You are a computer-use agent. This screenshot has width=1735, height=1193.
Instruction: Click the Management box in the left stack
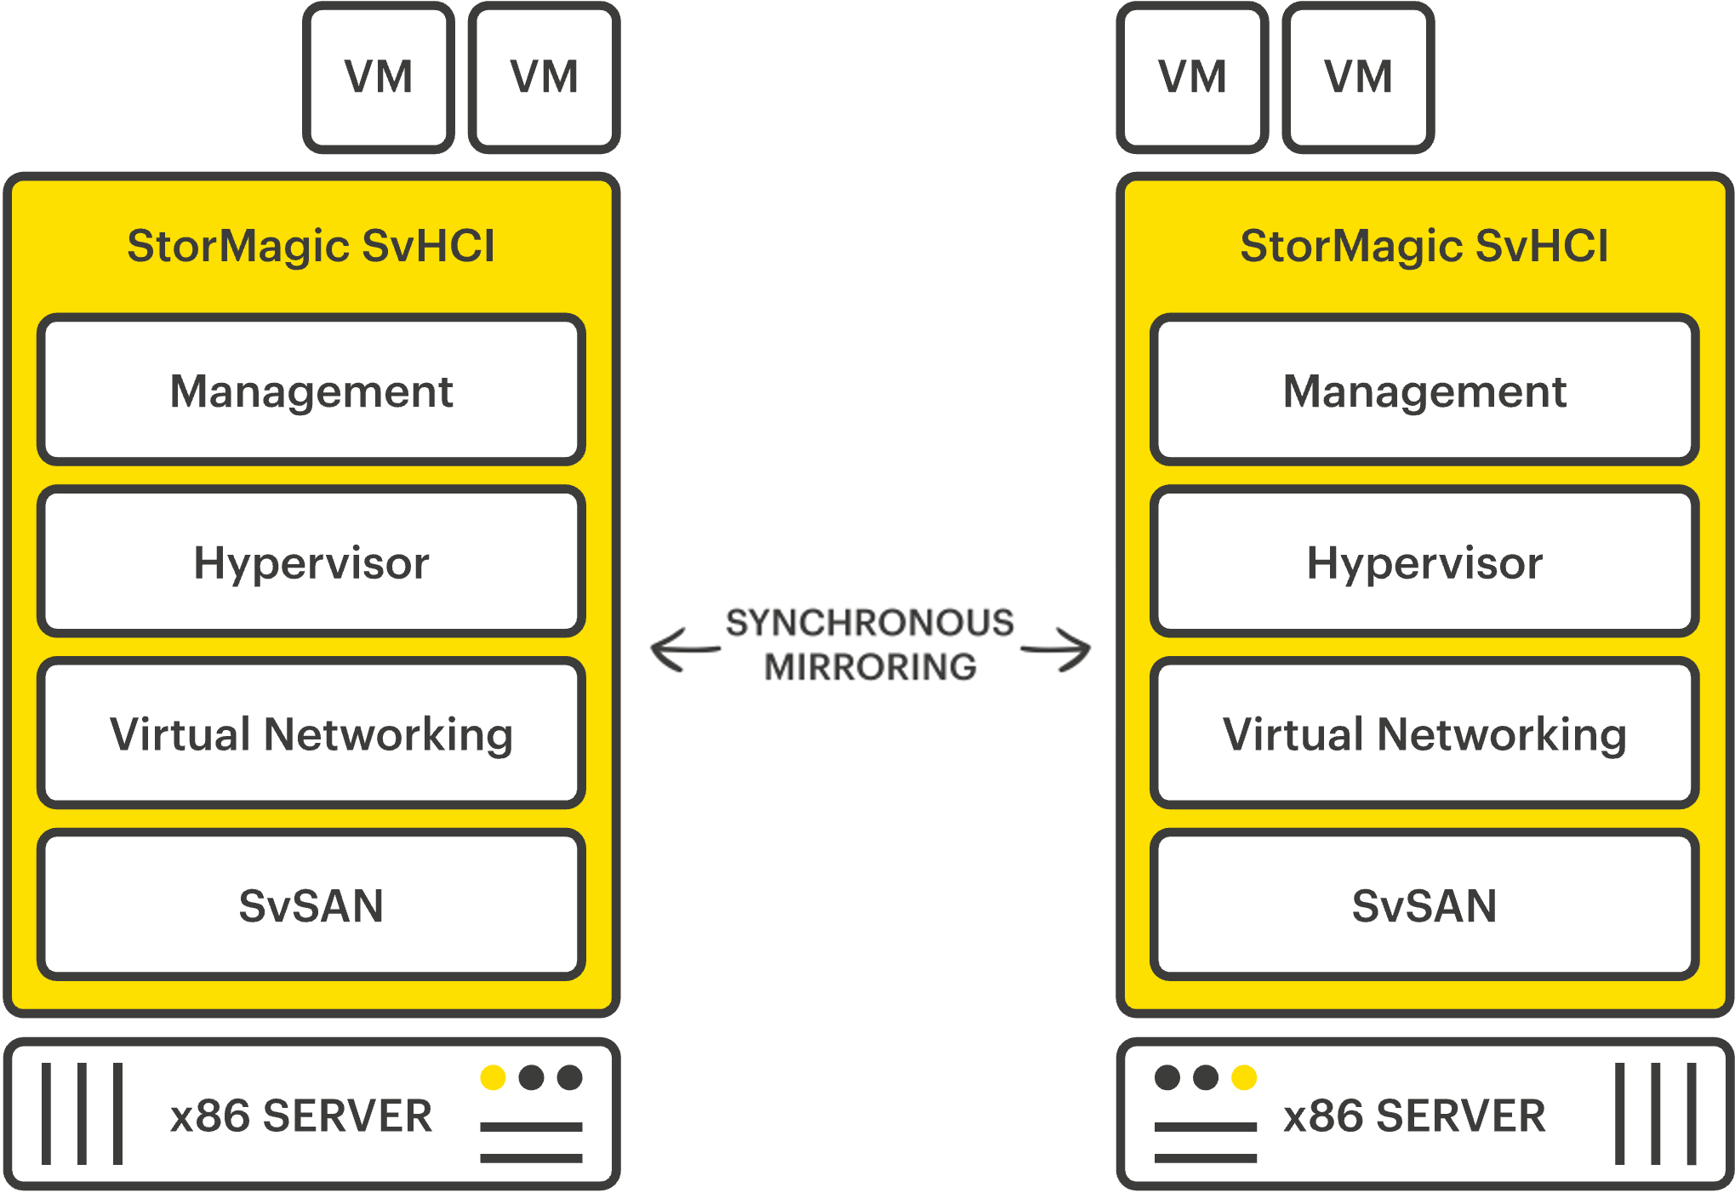[x=311, y=391]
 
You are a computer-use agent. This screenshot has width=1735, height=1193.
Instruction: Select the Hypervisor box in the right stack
[x=1424, y=562]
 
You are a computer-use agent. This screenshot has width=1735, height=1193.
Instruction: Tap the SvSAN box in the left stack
[x=311, y=905]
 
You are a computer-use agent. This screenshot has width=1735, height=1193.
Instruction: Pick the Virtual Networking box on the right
[x=1424, y=733]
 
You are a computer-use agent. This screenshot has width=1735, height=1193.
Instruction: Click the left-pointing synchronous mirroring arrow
[x=684, y=650]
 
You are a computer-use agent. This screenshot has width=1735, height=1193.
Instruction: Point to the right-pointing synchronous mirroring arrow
[x=1056, y=650]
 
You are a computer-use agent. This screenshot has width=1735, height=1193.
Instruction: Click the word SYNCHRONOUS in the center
[x=869, y=623]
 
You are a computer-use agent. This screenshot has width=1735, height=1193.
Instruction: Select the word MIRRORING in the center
[x=870, y=667]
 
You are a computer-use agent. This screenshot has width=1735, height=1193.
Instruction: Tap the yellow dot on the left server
[x=493, y=1077]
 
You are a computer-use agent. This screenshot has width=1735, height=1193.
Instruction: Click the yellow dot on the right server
[x=1243, y=1077]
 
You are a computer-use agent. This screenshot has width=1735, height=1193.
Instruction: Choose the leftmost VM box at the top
[x=379, y=77]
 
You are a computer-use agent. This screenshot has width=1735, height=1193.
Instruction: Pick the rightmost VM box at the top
[x=1358, y=77]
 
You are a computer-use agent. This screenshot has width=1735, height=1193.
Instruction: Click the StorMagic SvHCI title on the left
[x=311, y=246]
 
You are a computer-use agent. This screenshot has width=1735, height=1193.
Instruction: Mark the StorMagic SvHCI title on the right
[x=1424, y=246]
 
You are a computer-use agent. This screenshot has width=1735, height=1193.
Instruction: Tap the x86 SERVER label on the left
[x=301, y=1116]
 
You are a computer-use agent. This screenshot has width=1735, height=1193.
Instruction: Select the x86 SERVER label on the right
[x=1414, y=1116]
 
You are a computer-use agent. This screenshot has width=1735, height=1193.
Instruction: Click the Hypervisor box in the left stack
[x=311, y=562]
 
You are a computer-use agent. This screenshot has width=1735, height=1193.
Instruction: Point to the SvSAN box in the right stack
[x=1424, y=905]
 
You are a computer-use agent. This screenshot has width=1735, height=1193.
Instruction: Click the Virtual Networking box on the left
[x=311, y=733]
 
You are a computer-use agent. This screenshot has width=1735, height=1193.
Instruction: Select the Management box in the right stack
[x=1424, y=391]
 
